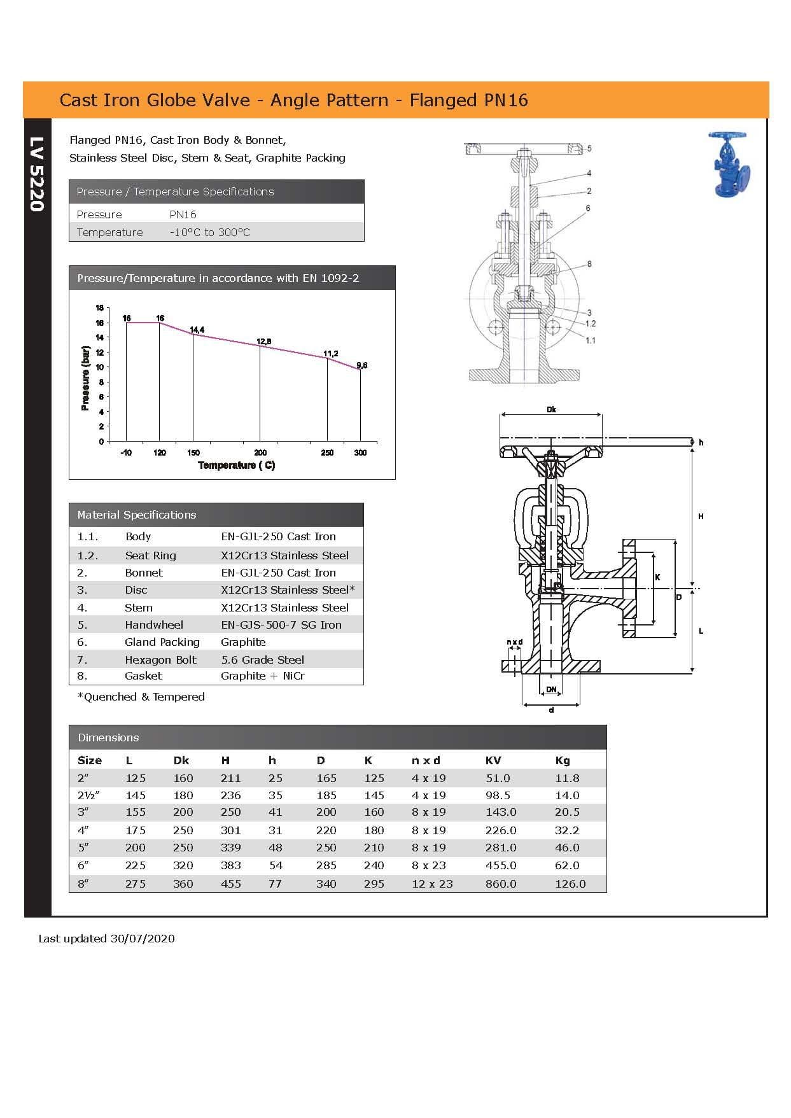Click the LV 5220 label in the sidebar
[x=37, y=174]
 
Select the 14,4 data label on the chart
[x=197, y=330]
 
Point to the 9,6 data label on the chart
[x=361, y=365]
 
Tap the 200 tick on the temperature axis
[x=260, y=452]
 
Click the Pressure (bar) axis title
[x=85, y=378]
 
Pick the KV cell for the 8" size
[x=501, y=884]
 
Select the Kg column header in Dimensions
[x=563, y=760]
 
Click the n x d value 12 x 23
[x=432, y=884]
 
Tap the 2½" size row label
[x=88, y=795]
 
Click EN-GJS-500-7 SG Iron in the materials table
[x=281, y=625]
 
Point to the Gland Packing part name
[x=162, y=642]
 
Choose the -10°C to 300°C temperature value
[x=209, y=232]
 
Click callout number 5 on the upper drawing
[x=589, y=148]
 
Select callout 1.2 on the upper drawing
[x=590, y=323]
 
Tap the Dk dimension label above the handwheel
[x=551, y=410]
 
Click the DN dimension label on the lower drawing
[x=551, y=690]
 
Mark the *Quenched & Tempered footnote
[x=141, y=697]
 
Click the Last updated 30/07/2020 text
[x=106, y=939]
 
